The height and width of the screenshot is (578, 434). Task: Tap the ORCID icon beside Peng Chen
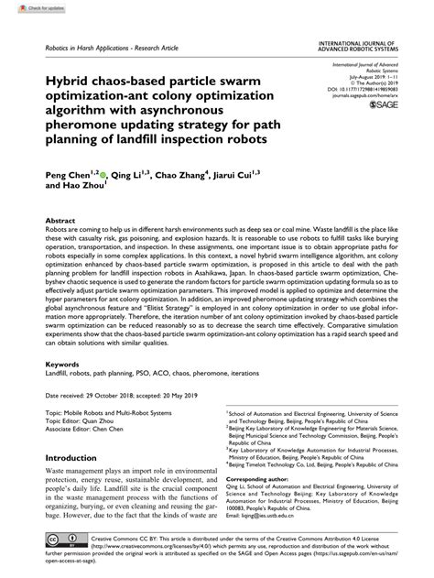[x=103, y=171]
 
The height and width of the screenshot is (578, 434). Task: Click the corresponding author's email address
[x=275, y=515]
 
